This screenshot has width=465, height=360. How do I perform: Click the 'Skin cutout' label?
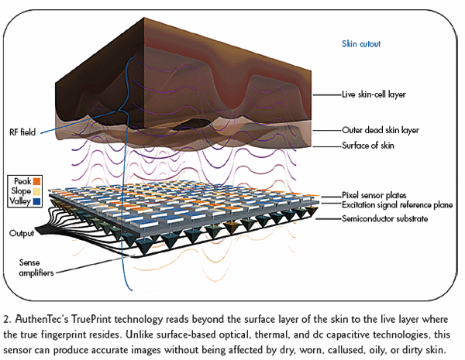coord(362,45)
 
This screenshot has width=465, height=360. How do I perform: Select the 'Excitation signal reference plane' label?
coord(398,205)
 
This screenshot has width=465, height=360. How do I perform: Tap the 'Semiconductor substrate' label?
coord(385,219)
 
